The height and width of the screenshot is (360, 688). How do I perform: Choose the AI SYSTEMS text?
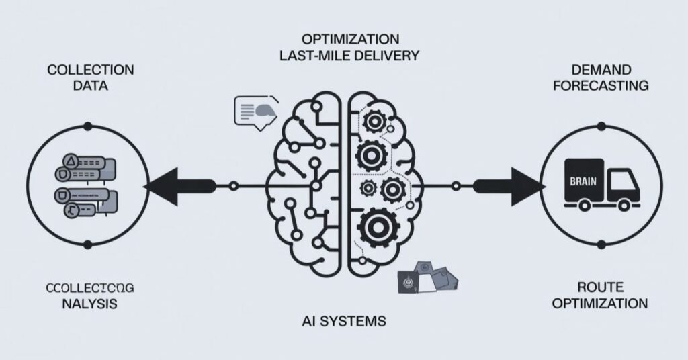343,321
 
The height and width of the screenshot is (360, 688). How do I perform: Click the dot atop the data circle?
87,126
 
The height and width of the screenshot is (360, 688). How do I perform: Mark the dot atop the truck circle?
601,126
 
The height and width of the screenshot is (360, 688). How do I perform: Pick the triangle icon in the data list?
69,162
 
